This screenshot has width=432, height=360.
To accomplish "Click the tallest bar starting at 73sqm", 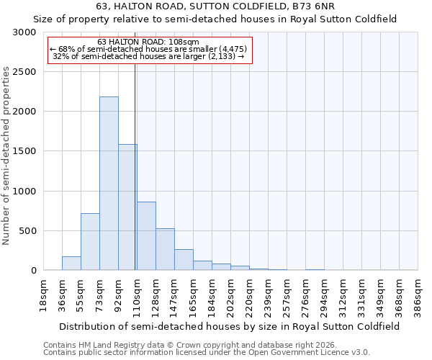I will (x=109, y=184).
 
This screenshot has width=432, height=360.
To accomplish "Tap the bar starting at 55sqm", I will (x=90, y=242).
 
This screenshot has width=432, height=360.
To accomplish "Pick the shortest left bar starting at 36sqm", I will (x=71, y=264).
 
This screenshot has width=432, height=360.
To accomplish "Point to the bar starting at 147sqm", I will (x=184, y=260).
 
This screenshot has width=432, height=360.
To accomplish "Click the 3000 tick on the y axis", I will (x=24, y=32).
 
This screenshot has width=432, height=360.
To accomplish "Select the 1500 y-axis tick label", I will (x=24, y=151).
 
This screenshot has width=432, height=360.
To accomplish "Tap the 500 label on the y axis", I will (x=27, y=231).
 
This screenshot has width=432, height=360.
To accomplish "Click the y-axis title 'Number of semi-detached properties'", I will (x=6, y=156).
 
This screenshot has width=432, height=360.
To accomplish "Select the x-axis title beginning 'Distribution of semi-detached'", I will (x=230, y=326).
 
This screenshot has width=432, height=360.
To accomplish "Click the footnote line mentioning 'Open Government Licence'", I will (x=207, y=353).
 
